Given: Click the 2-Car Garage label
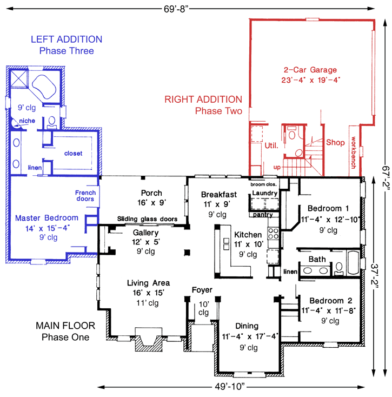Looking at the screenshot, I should click(x=310, y=70).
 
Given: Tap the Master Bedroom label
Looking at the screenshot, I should click(x=46, y=218).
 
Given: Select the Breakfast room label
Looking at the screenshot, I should click(x=218, y=194).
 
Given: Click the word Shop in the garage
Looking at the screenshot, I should click(x=335, y=143).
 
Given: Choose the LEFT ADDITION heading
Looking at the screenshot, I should click(x=67, y=39).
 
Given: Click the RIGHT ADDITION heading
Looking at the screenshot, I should click(x=203, y=99).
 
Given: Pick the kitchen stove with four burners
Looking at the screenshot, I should click(x=274, y=234).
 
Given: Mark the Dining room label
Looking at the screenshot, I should click(x=247, y=326).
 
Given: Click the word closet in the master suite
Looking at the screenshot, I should click(x=74, y=154).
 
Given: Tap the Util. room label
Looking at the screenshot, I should click(x=271, y=145).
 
